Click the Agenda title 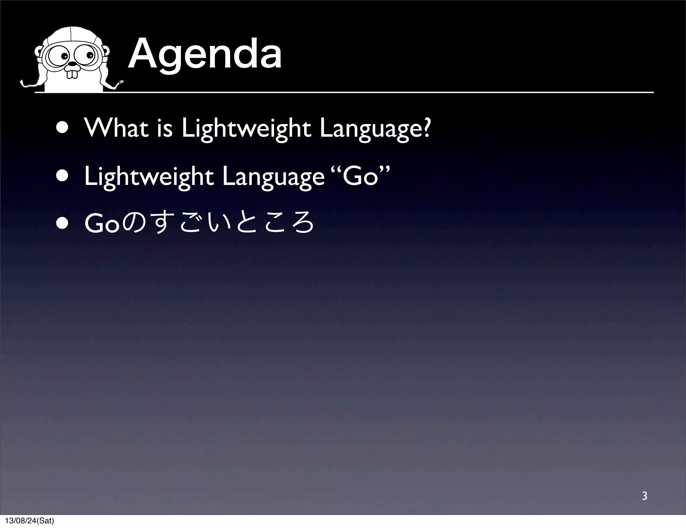[205, 56]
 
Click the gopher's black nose [72, 64]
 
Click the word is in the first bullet [164, 129]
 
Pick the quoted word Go [362, 177]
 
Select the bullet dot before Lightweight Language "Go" [62, 177]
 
